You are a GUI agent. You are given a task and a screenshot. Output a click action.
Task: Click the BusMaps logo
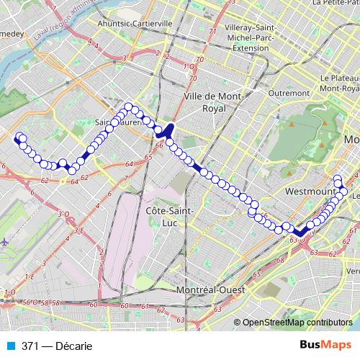[325, 346]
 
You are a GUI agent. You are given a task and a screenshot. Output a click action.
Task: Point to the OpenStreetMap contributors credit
[297, 323]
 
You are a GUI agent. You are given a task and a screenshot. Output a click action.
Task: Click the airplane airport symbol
[5, 242]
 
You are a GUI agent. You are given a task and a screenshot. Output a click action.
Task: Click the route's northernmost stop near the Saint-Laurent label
[130, 107]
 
